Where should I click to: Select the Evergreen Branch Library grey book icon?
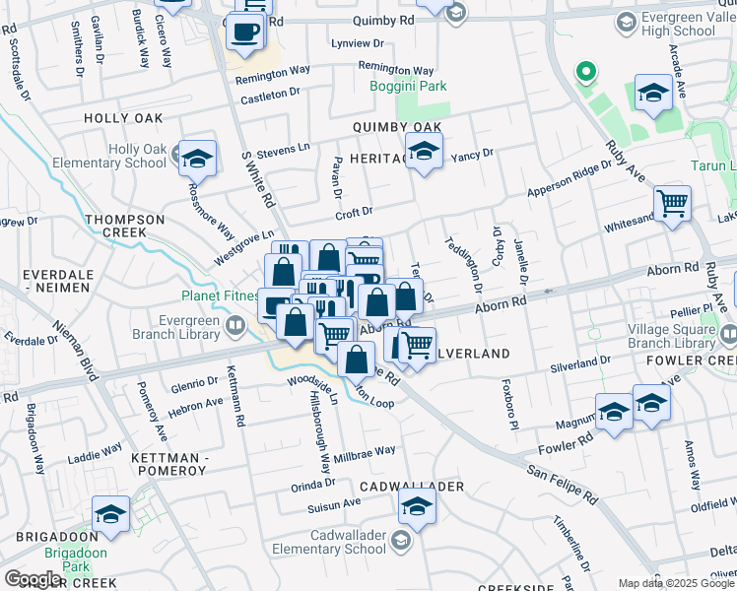click(x=235, y=325)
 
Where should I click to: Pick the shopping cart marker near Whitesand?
click(x=672, y=203)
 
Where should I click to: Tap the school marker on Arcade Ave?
click(x=653, y=94)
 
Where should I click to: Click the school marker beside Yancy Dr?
click(x=424, y=152)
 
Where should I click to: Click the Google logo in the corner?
click(x=33, y=578)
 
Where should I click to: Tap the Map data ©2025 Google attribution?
click(x=675, y=583)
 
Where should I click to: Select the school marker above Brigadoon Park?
click(x=110, y=514)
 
